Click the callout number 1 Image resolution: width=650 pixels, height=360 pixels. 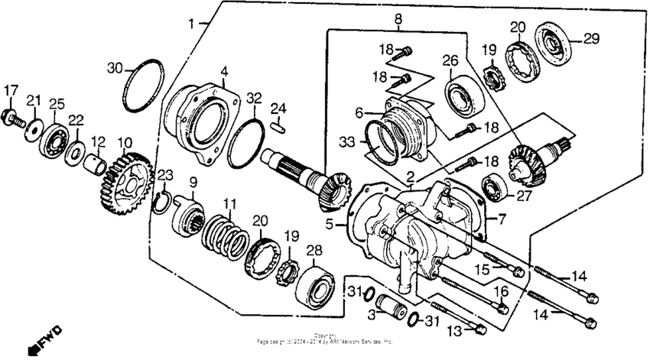(191, 24)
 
